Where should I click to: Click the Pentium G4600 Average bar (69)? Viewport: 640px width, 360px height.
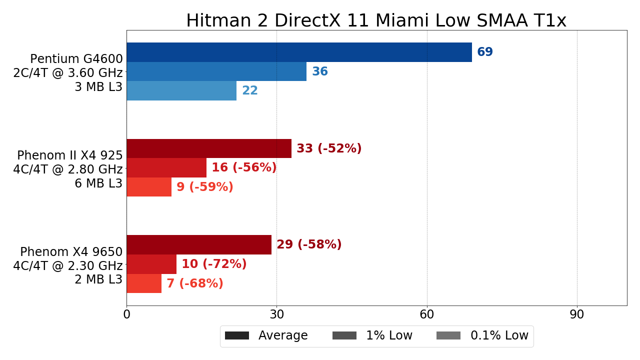point(299,52)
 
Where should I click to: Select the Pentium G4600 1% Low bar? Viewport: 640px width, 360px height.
point(216,71)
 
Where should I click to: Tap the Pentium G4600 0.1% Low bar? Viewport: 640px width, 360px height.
point(181,91)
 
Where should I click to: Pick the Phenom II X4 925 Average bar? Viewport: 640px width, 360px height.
point(209,148)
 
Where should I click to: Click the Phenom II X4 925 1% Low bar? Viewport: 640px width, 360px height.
point(166,168)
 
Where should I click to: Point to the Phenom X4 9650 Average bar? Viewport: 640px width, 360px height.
point(199,244)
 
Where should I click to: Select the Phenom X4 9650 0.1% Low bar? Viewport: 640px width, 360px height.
point(144,283)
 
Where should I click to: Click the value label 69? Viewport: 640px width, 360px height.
point(485,52)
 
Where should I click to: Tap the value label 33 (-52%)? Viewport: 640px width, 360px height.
point(329,149)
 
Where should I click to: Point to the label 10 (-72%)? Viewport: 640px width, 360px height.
point(214,264)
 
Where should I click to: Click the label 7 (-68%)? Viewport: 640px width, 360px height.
point(195,284)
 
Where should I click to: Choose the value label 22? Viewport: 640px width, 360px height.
point(250,91)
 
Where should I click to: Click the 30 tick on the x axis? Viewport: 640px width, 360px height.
point(276,315)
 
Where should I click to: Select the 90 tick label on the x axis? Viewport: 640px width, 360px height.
point(577,315)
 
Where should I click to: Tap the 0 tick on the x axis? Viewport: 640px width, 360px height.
point(126,315)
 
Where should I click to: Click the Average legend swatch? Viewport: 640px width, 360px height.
point(237,335)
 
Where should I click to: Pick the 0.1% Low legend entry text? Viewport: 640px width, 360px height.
point(499,335)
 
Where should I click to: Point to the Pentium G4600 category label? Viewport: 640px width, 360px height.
point(76,59)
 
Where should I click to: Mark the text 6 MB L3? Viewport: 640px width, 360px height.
point(98,183)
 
